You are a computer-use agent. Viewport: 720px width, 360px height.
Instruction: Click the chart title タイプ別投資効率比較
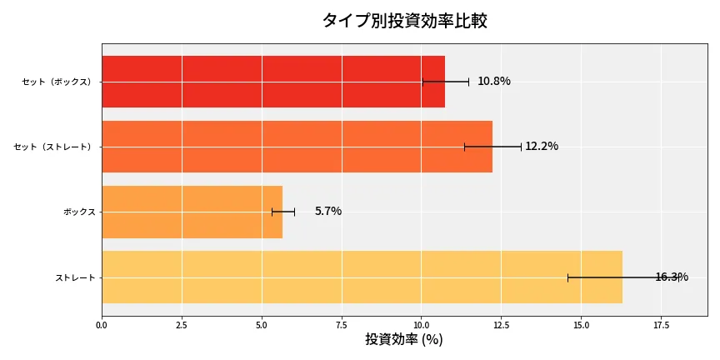pyautogui.click(x=404, y=21)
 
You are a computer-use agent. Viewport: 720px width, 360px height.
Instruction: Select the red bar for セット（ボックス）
pyautogui.click(x=272, y=82)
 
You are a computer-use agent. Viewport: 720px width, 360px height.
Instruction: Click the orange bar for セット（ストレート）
pyautogui.click(x=297, y=147)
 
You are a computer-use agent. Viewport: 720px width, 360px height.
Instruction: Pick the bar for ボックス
pyautogui.click(x=192, y=212)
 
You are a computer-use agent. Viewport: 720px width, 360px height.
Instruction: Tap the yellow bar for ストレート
pyautogui.click(x=362, y=277)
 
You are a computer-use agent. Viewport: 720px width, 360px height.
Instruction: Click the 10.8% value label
pyautogui.click(x=493, y=82)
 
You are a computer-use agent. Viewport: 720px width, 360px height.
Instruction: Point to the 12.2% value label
pyautogui.click(x=542, y=147)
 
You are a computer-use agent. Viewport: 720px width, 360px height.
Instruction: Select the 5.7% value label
pyautogui.click(x=327, y=212)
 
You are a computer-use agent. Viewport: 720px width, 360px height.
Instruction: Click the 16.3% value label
pyautogui.click(x=671, y=277)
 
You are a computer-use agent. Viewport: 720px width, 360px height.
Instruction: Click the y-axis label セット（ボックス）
pyautogui.click(x=57, y=82)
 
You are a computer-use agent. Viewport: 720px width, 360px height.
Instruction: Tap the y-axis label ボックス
pyautogui.click(x=79, y=212)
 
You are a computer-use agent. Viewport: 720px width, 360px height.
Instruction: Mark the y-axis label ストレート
pyautogui.click(x=75, y=277)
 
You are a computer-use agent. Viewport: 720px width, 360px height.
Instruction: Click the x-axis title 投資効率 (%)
pyautogui.click(x=404, y=340)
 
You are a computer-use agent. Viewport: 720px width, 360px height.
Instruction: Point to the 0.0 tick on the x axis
pyautogui.click(x=102, y=324)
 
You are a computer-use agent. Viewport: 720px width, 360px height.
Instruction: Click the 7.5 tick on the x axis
pyautogui.click(x=342, y=324)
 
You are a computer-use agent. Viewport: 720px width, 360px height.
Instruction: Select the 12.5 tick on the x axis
pyautogui.click(x=501, y=324)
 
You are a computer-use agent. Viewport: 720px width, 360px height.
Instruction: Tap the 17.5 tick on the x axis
pyautogui.click(x=661, y=324)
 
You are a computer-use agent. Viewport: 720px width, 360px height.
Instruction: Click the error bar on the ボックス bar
pyautogui.click(x=283, y=212)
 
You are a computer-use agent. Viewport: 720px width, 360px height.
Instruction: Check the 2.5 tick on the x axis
pyautogui.click(x=182, y=324)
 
